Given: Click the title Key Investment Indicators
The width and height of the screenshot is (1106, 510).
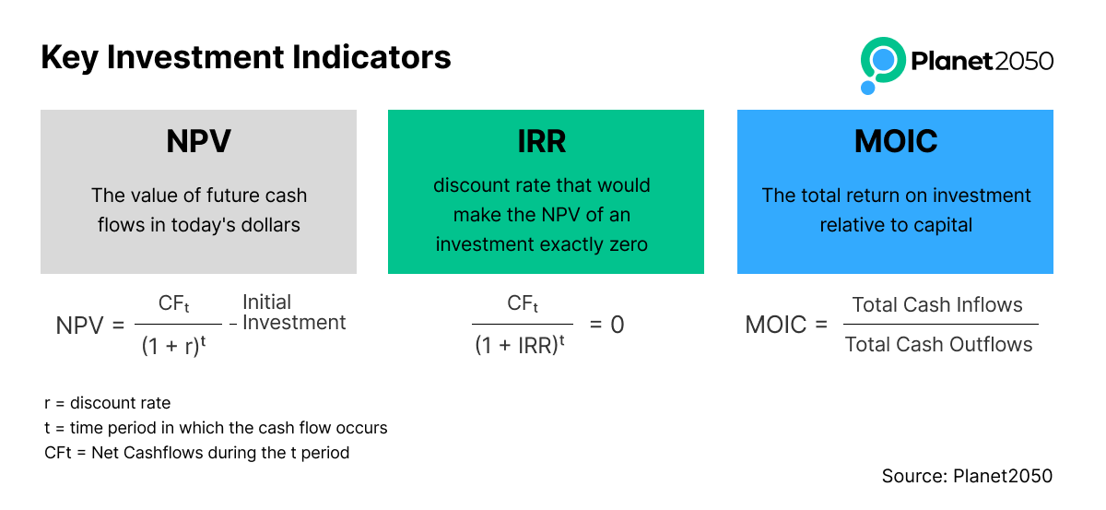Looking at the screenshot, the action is click(x=246, y=58).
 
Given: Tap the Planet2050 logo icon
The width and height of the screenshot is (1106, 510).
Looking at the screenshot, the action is click(x=882, y=65).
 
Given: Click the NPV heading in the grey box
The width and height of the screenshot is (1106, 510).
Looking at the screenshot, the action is click(x=198, y=141).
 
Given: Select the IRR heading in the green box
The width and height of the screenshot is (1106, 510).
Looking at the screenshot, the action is click(x=542, y=141).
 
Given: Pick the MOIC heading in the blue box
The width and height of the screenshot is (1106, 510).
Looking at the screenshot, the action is click(x=896, y=141).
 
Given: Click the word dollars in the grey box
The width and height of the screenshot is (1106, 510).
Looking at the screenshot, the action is click(x=271, y=225).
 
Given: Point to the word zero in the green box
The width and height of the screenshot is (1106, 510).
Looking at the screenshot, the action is click(x=629, y=244).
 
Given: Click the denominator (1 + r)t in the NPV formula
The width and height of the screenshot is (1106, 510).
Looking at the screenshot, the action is click(x=173, y=345).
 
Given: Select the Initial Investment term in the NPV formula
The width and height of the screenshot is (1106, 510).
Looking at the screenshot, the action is click(x=294, y=313).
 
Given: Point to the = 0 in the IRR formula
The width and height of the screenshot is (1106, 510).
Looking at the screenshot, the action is click(x=606, y=325).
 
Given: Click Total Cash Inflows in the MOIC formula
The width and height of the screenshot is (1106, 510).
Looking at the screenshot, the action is click(x=937, y=305).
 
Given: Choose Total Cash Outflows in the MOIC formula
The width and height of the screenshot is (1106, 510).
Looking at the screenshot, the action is click(x=938, y=344).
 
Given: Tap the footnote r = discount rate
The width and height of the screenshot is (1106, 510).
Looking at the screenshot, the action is click(x=107, y=403).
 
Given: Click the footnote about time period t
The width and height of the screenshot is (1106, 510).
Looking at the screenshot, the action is click(x=216, y=428).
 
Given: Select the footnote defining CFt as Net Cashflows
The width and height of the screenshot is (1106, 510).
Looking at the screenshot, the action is click(x=196, y=453).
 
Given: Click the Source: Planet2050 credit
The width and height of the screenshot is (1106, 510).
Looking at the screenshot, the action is click(x=967, y=476).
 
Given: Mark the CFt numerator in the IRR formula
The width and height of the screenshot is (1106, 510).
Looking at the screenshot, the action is click(x=523, y=303).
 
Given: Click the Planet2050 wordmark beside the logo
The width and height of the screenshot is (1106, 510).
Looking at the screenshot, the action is click(x=982, y=61).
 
